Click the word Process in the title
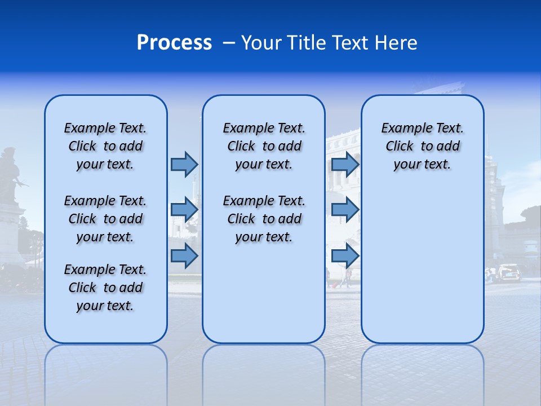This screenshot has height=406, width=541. [x=174, y=42]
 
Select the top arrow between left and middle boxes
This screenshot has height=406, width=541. [x=184, y=164]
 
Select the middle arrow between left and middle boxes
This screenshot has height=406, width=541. [x=184, y=210]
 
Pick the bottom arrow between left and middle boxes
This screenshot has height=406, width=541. [x=184, y=255]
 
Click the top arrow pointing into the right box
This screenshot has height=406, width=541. [x=345, y=164]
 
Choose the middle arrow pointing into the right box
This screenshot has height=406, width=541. [x=345, y=210]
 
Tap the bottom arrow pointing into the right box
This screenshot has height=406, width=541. [x=345, y=255]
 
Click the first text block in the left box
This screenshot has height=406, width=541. [x=105, y=146]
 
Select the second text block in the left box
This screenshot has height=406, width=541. [x=105, y=219]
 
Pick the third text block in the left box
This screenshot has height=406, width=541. [x=105, y=288]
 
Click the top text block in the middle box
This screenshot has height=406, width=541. [x=264, y=146]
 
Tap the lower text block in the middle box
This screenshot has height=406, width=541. [x=264, y=219]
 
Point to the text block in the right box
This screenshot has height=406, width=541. [x=422, y=146]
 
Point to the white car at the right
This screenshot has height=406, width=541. [x=509, y=272]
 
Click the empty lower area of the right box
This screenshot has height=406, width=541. [x=422, y=271]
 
